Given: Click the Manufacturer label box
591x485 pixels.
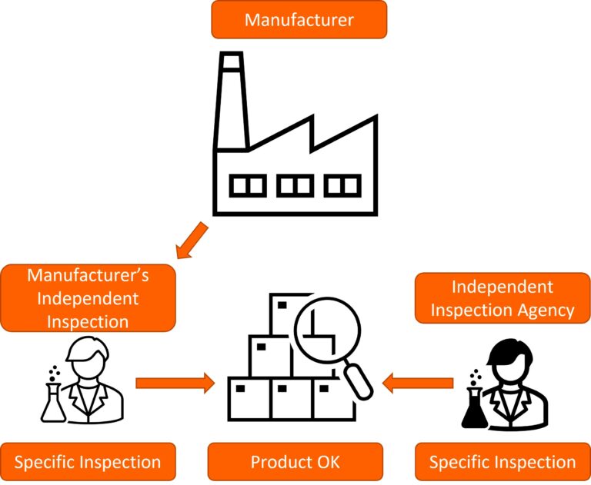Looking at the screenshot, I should [299, 20].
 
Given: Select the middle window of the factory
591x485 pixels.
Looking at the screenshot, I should [295, 185].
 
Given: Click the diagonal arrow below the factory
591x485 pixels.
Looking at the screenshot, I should [190, 240].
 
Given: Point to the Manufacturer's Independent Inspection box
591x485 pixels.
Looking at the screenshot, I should [88, 298].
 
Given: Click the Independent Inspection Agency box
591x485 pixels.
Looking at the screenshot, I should [503, 298].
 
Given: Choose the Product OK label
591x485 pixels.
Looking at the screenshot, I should [295, 463].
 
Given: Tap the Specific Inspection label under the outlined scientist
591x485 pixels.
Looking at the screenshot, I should [88, 463].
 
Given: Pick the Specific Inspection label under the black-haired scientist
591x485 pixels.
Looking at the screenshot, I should [503, 463].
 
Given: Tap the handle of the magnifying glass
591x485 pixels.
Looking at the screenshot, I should [358, 380].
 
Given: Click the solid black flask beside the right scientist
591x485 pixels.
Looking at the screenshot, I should [474, 407].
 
